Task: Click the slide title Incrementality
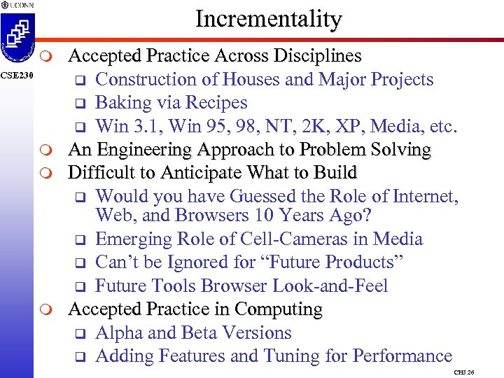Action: (268, 19)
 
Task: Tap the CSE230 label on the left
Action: (15, 74)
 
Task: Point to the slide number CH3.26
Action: (464, 372)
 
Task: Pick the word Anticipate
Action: (197, 173)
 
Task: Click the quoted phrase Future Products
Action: (337, 262)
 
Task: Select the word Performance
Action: (402, 356)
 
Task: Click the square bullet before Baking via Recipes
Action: (80, 104)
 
